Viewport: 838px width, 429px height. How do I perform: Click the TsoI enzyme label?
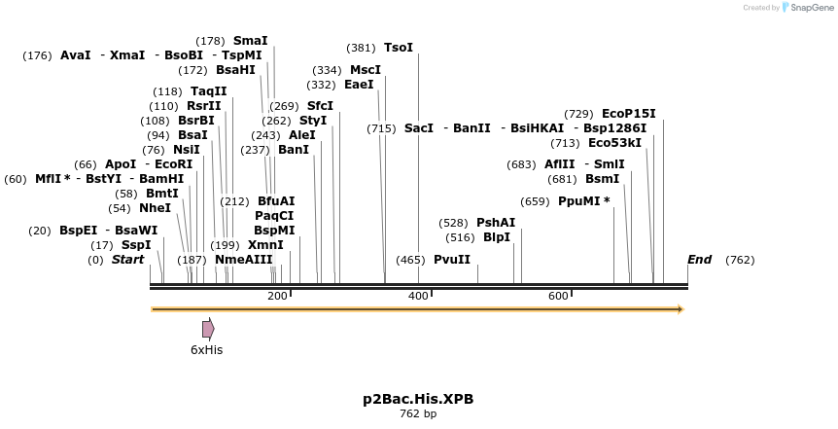click(x=399, y=48)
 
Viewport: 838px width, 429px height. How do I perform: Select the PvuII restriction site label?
click(x=452, y=260)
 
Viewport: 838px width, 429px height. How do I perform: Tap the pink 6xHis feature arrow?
click(x=208, y=329)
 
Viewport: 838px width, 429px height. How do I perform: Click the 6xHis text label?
click(x=206, y=350)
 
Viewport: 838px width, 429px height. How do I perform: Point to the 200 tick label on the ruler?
click(x=277, y=296)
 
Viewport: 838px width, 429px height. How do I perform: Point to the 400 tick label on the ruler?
click(x=418, y=296)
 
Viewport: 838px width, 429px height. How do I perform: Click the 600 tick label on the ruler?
click(x=558, y=296)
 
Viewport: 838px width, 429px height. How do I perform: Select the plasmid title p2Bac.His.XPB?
click(x=418, y=399)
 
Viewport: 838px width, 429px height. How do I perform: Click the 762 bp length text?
click(x=418, y=413)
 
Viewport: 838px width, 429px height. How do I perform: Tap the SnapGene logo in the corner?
click(x=807, y=8)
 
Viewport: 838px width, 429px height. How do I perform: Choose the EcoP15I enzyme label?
click(x=629, y=114)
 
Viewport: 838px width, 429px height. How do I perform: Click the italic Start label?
click(x=127, y=260)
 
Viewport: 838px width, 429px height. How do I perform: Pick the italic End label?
click(x=699, y=260)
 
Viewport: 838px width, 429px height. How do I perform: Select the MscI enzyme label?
click(x=366, y=70)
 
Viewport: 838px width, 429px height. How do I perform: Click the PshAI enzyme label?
click(x=496, y=223)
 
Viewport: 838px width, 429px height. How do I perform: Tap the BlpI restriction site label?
click(x=497, y=237)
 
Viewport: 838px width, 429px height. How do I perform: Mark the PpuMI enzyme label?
click(x=583, y=201)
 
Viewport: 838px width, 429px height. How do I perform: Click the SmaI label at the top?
click(x=250, y=41)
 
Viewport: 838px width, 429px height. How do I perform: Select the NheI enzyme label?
click(x=155, y=208)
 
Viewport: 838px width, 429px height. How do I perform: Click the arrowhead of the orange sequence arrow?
click(x=681, y=309)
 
